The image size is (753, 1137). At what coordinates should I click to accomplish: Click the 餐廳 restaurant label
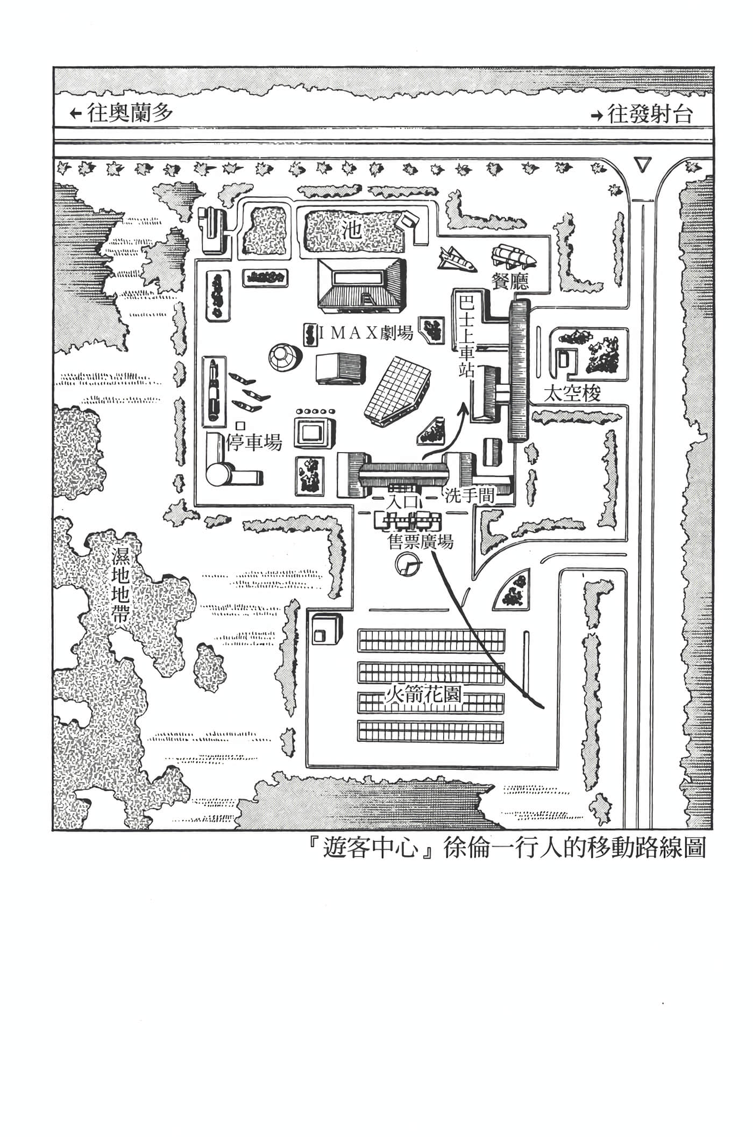pos(510,281)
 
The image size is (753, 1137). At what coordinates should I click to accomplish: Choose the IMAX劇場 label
pos(366,334)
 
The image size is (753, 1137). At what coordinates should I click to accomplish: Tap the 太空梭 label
pos(572,395)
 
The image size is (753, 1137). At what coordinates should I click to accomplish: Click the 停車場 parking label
pos(254,442)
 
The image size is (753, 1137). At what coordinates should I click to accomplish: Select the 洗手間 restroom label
pos(469,496)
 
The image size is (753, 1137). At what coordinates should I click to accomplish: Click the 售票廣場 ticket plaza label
pos(420,541)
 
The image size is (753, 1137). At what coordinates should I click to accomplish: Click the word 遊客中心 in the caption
pos(371,849)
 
